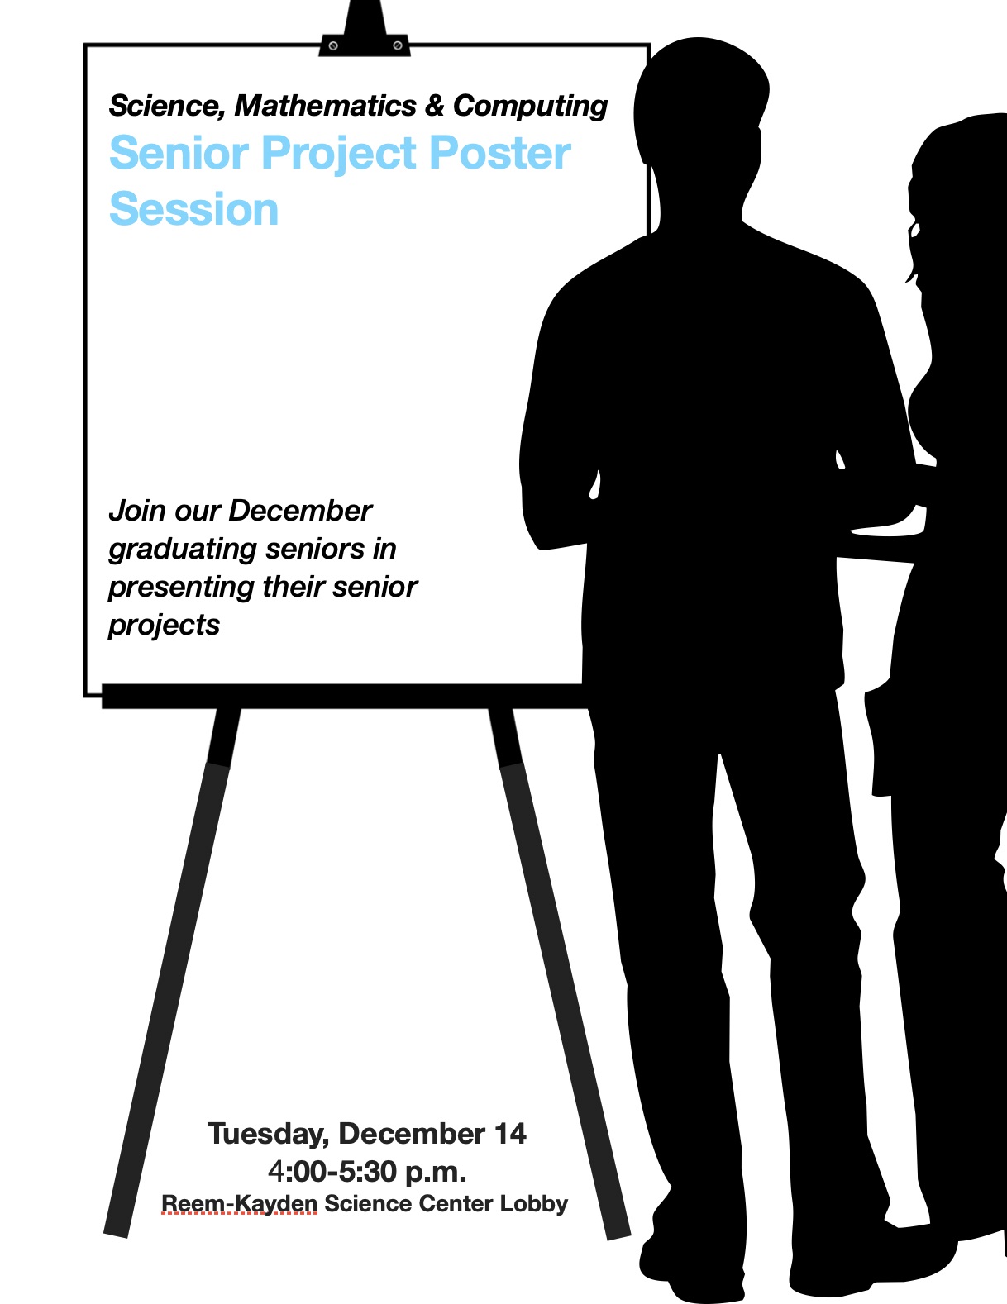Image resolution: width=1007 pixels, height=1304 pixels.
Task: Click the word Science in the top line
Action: [x=167, y=107]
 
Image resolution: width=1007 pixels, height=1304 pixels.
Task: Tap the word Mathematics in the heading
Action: [x=325, y=106]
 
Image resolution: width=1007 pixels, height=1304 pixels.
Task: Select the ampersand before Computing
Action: [x=435, y=106]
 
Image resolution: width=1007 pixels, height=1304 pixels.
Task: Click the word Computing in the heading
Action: [x=531, y=107]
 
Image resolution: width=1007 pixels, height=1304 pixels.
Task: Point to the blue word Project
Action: [x=339, y=155]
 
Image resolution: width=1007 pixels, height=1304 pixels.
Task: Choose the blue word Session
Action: [x=193, y=209]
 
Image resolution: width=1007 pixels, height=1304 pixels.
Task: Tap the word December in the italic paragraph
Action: [x=300, y=511]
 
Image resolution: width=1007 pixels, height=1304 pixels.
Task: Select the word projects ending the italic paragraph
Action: [x=164, y=626]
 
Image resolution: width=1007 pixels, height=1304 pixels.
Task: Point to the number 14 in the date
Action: [x=510, y=1134]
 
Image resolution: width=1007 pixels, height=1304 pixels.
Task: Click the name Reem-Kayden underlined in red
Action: [x=240, y=1204]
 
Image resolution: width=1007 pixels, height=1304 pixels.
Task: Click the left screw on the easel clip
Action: [x=333, y=45]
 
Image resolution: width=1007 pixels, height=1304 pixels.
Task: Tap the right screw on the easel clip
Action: [x=398, y=45]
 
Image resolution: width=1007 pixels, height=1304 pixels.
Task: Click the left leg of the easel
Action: [x=172, y=972]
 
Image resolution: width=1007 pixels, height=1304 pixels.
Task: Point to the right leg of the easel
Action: [x=560, y=972]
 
